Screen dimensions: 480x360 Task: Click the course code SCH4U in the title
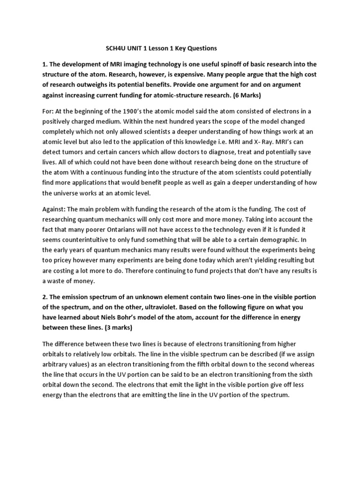(x=114, y=48)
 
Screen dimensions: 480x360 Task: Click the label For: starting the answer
(x=48, y=111)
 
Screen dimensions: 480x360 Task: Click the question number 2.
(x=45, y=297)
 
